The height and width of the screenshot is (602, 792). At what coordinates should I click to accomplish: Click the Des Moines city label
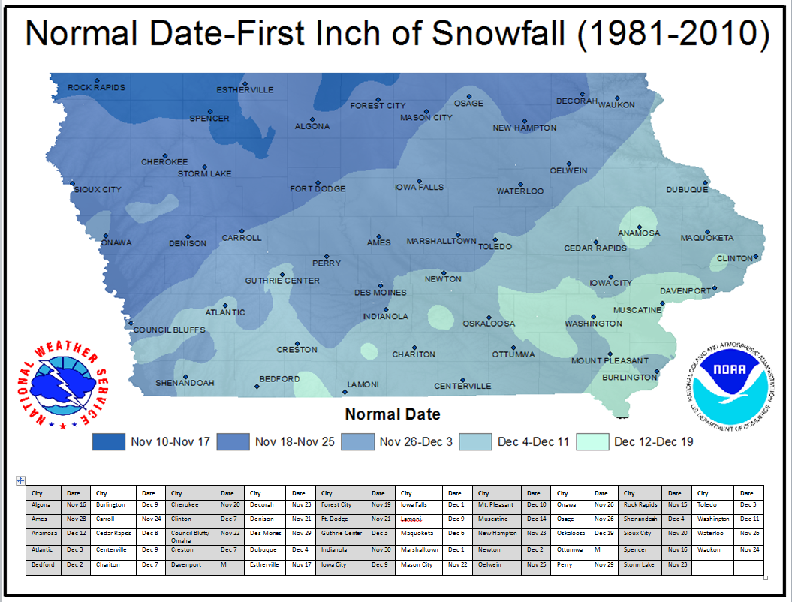381,293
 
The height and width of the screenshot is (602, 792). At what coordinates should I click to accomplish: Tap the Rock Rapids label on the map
96,88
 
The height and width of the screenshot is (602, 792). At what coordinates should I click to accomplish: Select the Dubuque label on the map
687,190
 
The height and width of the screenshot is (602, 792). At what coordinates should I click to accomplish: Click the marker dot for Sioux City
73,183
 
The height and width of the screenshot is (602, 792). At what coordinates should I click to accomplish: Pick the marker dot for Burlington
657,371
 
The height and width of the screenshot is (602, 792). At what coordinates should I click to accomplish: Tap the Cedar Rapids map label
595,248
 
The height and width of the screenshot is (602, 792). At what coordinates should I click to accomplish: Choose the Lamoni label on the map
363,385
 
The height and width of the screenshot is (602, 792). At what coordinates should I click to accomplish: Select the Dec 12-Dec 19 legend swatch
592,441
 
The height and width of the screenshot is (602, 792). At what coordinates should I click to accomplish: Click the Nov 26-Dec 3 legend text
416,441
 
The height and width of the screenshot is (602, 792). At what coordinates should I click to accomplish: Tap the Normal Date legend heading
392,414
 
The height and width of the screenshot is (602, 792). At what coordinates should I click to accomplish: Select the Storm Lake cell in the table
641,564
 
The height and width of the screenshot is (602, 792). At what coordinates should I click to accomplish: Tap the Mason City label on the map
426,118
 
